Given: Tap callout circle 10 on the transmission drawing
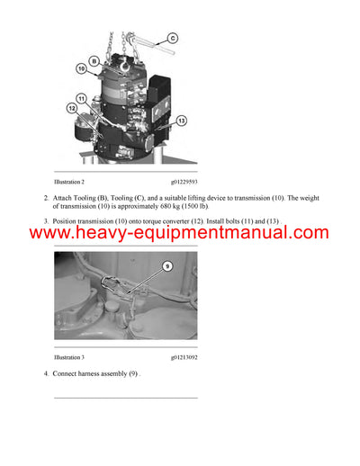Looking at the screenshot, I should point(81,67).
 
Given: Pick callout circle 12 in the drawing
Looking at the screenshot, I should point(73,109).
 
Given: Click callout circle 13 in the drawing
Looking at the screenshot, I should point(180,121).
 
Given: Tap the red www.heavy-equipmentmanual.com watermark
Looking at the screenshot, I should point(179,234).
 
